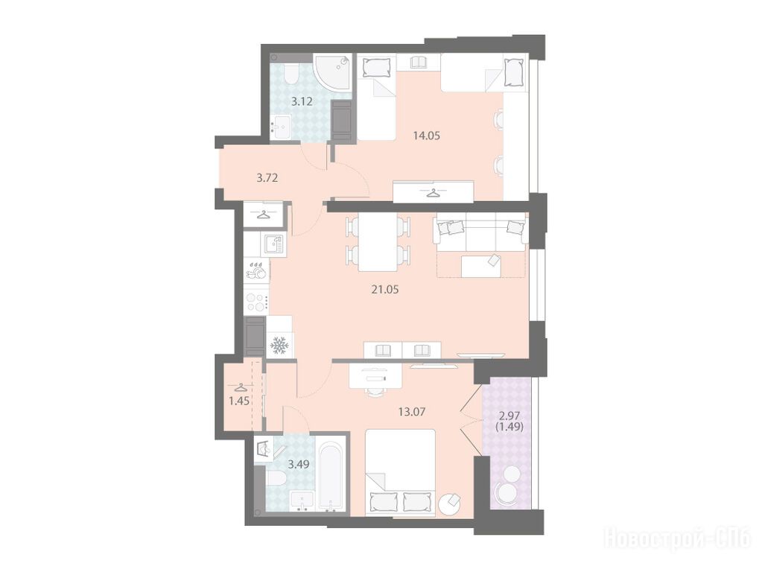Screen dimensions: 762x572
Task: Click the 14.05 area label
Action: pyautogui.click(x=426, y=136)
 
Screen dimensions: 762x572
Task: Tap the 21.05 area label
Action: pyautogui.click(x=385, y=290)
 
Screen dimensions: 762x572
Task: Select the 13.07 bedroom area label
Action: pyautogui.click(x=412, y=412)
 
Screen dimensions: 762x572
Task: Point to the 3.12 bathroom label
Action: pyautogui.click(x=302, y=101)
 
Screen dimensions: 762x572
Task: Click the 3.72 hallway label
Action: pyautogui.click(x=267, y=178)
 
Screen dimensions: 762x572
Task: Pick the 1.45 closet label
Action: pyautogui.click(x=240, y=401)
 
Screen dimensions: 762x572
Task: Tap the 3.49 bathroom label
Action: pyautogui.click(x=299, y=464)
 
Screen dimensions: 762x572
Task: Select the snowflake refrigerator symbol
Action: pyautogui.click(x=279, y=346)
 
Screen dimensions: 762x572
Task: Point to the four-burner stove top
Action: pyautogui.click(x=256, y=302)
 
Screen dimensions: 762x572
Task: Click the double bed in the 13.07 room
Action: pyautogui.click(x=399, y=472)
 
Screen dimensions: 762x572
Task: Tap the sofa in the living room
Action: pyautogui.click(x=480, y=232)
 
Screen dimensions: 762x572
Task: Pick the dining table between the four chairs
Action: pyautogui.click(x=378, y=242)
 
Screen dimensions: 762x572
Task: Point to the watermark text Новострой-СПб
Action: pyautogui.click(x=677, y=539)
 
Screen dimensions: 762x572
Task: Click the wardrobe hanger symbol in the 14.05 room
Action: pyautogui.click(x=433, y=193)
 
